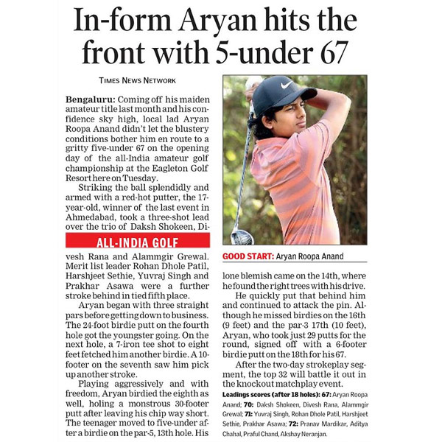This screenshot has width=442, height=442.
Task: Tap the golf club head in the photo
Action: [x=241, y=236]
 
